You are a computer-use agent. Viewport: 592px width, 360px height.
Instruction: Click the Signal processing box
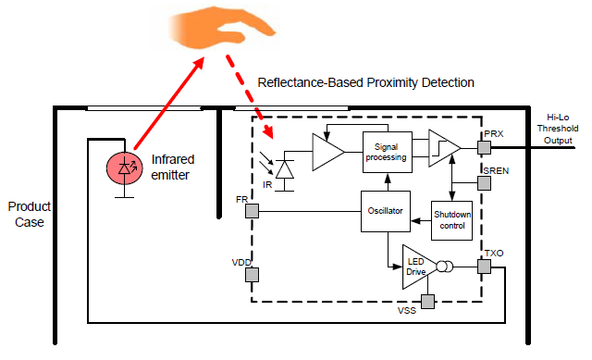pyautogui.click(x=386, y=152)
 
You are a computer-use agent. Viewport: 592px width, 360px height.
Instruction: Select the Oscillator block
pyautogui.click(x=385, y=211)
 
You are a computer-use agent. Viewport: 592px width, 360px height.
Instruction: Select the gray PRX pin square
pyautogui.click(x=484, y=147)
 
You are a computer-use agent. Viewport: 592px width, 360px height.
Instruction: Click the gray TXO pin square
pyautogui.click(x=484, y=267)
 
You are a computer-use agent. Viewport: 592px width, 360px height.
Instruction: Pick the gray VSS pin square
pyautogui.click(x=426, y=302)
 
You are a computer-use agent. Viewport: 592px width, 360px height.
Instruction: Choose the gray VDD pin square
pyautogui.click(x=252, y=275)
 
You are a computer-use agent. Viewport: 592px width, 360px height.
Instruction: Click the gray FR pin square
pyautogui.click(x=252, y=211)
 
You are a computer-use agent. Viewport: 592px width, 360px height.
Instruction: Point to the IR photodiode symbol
pyautogui.click(x=286, y=168)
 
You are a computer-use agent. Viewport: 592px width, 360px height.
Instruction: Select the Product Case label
pyautogui.click(x=28, y=214)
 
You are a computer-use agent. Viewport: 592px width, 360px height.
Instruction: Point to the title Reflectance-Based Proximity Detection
pyautogui.click(x=365, y=82)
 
